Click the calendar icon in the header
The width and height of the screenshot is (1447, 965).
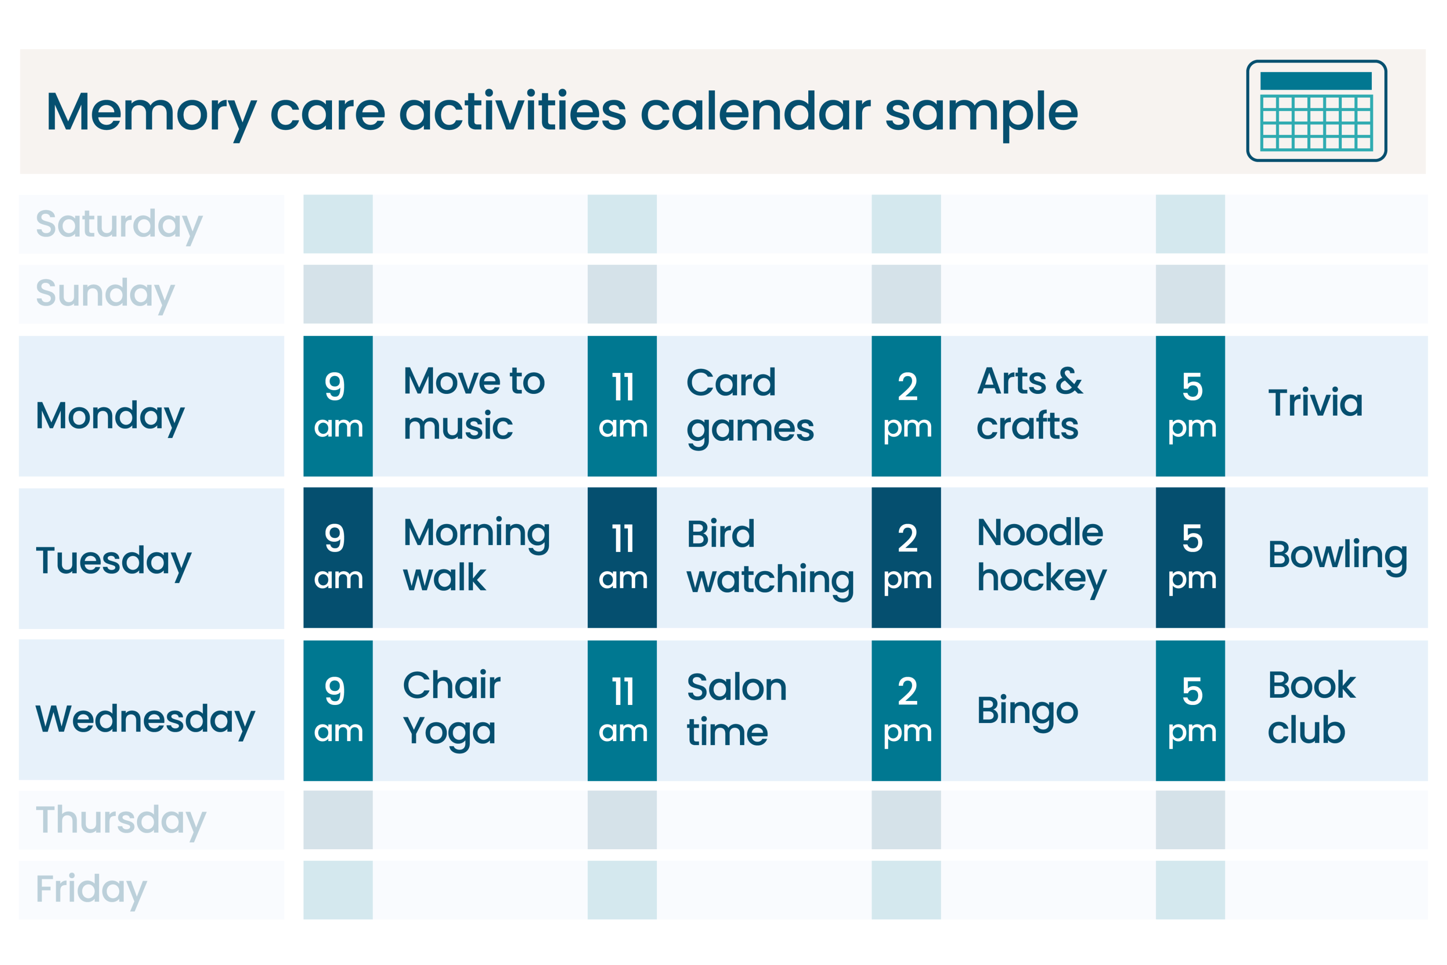(x=1316, y=111)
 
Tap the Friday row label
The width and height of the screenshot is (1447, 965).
(x=91, y=889)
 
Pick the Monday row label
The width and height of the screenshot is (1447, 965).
(x=110, y=416)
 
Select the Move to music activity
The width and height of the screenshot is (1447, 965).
(x=473, y=404)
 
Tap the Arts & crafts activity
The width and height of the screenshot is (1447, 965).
(x=1029, y=404)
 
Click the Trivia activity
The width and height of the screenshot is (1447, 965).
(x=1315, y=403)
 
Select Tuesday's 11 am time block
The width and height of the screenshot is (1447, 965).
(x=622, y=557)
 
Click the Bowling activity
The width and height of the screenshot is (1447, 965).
(x=1337, y=555)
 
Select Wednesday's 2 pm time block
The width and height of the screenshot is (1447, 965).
(x=906, y=710)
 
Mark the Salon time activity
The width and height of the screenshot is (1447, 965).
(x=736, y=710)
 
